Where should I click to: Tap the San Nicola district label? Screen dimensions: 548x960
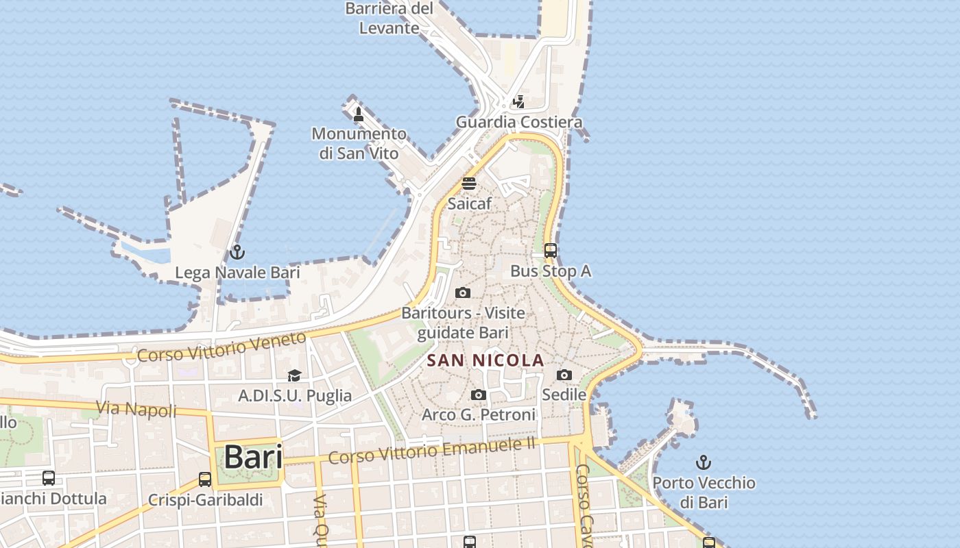(485, 360)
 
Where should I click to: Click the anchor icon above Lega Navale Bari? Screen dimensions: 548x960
(237, 252)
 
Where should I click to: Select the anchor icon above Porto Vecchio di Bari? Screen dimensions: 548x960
(703, 462)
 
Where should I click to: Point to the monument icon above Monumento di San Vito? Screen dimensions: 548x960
(358, 114)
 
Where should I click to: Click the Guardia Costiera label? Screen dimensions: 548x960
(519, 123)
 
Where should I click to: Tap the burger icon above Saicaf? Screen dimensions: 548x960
(469, 184)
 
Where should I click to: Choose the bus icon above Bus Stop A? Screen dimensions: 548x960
(551, 251)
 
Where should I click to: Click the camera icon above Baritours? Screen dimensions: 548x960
(463, 293)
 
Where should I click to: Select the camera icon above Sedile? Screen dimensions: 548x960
(564, 375)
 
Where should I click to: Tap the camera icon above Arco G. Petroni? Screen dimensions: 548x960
(479, 395)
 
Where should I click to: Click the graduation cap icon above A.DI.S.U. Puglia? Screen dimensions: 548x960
(294, 375)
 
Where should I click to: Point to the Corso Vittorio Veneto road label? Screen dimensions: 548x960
(221, 347)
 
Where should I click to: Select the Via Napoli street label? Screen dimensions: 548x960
(136, 410)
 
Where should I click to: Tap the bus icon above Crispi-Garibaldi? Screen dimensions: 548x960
(204, 480)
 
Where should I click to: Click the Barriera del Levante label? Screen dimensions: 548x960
(389, 18)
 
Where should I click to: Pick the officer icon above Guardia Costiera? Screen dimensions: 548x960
(519, 102)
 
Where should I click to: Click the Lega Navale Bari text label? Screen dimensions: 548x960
(237, 273)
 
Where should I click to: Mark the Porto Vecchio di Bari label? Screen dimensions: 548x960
(704, 492)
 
